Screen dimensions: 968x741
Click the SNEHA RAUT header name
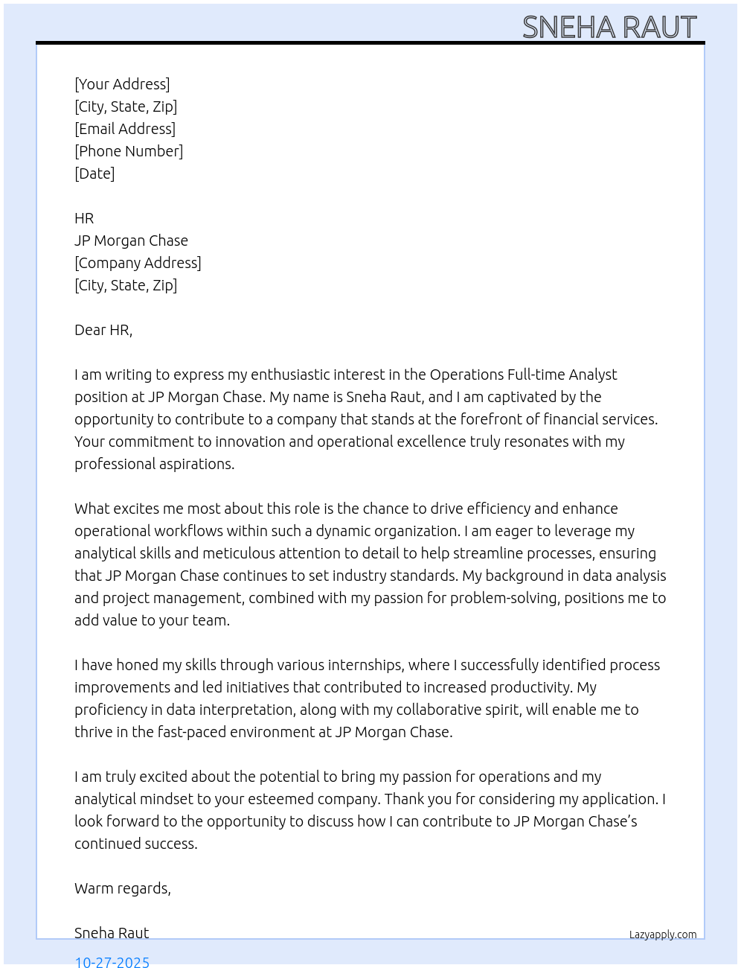(x=609, y=28)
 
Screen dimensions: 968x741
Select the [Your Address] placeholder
(x=122, y=84)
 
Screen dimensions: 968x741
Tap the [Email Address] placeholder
(x=125, y=129)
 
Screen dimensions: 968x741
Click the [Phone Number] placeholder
(x=129, y=151)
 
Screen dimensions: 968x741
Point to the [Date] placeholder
(x=94, y=173)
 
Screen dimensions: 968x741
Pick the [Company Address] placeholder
(x=138, y=263)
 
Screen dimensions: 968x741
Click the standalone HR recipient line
(x=84, y=218)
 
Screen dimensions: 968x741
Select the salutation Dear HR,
(x=103, y=330)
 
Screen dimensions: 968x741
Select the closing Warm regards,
(x=123, y=888)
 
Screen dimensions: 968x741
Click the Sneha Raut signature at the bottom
(x=112, y=933)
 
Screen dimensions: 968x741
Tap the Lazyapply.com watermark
(x=663, y=934)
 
